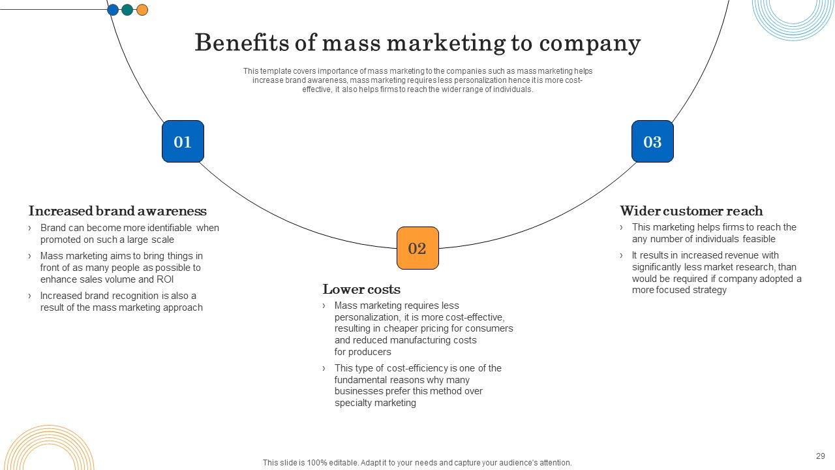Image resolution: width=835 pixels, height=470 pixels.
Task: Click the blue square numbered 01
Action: point(183,142)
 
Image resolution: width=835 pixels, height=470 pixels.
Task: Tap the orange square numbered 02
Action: point(417,248)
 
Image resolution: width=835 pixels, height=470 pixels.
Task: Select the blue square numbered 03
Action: point(652,142)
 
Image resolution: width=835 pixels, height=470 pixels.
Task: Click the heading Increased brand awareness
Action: point(117,211)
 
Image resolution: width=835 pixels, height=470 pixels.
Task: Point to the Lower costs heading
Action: point(361,289)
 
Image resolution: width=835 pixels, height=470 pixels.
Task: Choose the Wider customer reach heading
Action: point(691,211)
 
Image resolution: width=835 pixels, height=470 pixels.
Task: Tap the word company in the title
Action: point(590,43)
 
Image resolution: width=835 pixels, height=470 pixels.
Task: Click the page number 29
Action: point(820,456)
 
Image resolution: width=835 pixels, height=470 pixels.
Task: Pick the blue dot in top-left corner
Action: point(113,10)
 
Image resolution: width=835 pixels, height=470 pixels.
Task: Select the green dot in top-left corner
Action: point(127,10)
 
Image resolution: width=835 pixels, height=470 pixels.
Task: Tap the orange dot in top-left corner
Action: point(142,10)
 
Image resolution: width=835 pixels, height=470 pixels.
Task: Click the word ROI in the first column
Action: point(165,279)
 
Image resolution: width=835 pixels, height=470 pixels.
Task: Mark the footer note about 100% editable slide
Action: point(417,462)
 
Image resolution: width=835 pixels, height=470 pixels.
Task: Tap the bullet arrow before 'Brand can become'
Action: point(30,228)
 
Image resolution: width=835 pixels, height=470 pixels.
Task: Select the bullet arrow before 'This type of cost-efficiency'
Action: point(324,368)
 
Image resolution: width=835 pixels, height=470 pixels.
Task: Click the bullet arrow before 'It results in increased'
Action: point(622,255)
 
